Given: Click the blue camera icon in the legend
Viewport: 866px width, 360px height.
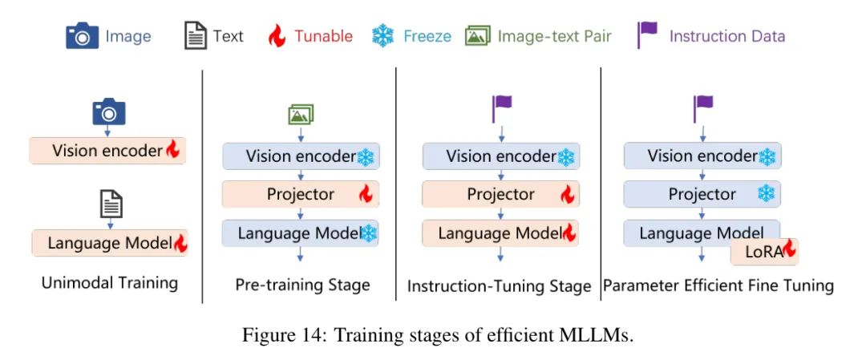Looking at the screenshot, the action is (x=83, y=36).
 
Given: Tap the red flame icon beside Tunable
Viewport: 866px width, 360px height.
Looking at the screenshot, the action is (x=276, y=36).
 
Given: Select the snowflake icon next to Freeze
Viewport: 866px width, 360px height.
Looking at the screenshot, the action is (x=382, y=36).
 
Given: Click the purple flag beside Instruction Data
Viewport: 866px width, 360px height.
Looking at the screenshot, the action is (x=647, y=34).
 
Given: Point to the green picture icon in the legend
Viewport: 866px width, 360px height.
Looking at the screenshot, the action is (x=478, y=36).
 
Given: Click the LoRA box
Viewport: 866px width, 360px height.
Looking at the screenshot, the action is (x=764, y=253).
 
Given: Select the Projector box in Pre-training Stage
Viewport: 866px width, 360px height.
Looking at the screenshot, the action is (x=301, y=194).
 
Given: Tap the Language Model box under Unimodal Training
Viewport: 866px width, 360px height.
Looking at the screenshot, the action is (x=109, y=243).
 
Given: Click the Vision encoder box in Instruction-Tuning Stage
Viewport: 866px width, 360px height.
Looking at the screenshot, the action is (x=501, y=156).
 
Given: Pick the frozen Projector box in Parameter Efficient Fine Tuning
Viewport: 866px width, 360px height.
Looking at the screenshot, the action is (x=702, y=194).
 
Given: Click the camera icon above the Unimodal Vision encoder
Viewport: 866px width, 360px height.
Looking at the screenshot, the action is (x=109, y=111).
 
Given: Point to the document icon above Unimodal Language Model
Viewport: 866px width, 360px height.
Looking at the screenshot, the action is (x=111, y=204).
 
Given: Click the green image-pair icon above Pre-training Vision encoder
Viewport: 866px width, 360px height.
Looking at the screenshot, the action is (x=301, y=115).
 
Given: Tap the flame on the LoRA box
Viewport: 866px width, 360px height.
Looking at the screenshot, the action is (x=790, y=249).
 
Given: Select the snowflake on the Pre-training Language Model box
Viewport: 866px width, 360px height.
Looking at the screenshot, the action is (x=368, y=233).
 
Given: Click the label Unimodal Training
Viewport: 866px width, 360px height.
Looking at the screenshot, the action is (x=110, y=283).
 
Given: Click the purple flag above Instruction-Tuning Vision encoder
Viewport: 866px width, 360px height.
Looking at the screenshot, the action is (x=502, y=109).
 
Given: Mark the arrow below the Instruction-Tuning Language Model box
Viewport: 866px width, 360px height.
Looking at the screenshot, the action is (x=501, y=253).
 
